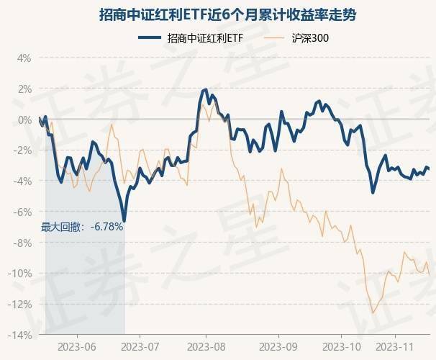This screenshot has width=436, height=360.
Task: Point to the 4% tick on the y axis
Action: (24, 58)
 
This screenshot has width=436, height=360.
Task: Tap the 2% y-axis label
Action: (24, 89)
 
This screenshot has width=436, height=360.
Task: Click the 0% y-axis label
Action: (24, 120)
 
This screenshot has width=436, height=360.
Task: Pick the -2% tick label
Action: (22, 150)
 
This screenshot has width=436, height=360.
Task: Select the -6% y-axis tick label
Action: (22, 212)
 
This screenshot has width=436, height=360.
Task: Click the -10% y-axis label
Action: (20, 274)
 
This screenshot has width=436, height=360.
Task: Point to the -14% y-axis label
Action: (20, 335)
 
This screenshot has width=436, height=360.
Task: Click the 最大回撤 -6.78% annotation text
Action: (82, 227)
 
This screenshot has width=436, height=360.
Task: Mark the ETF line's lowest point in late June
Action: (124, 220)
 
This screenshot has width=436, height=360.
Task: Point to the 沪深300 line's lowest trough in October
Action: (373, 312)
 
